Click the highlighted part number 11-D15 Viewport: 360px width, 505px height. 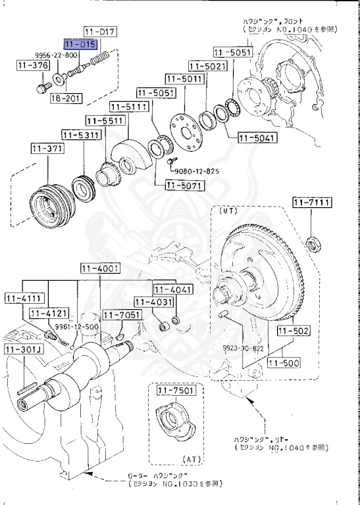coord(80,44)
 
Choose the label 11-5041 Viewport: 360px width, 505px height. coord(258,138)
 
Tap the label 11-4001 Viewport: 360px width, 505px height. coord(100,268)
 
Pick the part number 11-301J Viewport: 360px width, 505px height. coord(23,349)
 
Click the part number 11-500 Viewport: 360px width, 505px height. coord(282,362)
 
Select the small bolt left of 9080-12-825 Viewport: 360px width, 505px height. coord(170,160)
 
